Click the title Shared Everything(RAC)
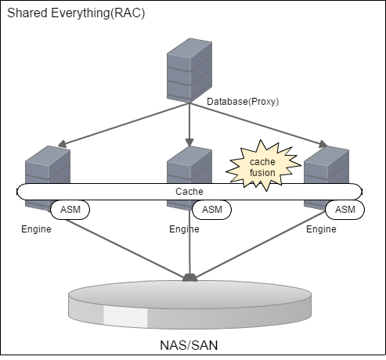76,13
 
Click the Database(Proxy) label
243,102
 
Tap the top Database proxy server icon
189,70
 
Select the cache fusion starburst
263,167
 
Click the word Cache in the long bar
189,192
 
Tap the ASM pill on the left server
70,210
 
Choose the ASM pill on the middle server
212,210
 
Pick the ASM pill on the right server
345,210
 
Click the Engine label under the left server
36,229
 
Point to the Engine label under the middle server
184,229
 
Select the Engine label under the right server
321,229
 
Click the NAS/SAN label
189,345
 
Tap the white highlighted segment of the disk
125,316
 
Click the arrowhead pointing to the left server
62,144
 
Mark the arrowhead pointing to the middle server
189,142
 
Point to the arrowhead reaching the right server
323,144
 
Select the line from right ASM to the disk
261,244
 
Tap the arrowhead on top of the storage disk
189,278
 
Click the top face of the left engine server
48,154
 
